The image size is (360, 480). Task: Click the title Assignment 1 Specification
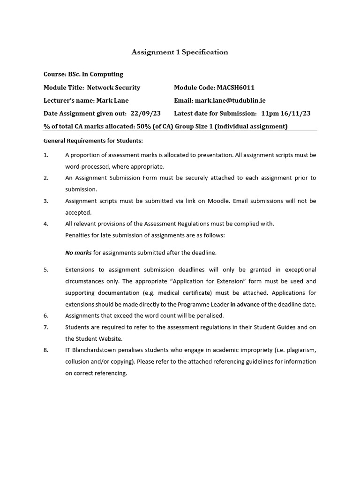[180, 52]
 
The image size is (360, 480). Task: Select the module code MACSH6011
[236, 88]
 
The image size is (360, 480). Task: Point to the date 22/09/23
[146, 113]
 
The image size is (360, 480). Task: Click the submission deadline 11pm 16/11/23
[285, 113]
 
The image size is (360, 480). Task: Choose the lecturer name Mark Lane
[112, 100]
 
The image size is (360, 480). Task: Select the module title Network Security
[113, 88]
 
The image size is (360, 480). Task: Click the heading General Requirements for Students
[93, 141]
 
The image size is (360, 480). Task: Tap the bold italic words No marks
[78, 253]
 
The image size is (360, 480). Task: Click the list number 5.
[46, 270]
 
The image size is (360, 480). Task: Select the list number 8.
[46, 350]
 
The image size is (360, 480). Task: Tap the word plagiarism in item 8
[300, 350]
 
